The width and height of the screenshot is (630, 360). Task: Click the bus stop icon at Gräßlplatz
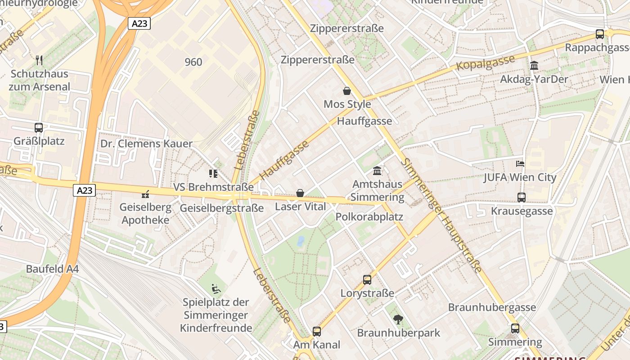click(39, 128)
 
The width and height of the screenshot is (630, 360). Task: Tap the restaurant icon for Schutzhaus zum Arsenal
click(39, 60)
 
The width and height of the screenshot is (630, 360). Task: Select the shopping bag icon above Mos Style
click(347, 91)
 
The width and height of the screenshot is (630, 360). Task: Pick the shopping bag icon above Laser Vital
click(300, 193)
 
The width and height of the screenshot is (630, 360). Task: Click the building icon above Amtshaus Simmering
click(377, 171)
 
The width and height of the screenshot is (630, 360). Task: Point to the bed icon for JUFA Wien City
click(520, 164)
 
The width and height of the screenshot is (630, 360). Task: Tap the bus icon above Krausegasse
click(522, 197)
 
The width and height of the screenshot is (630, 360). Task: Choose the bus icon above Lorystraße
click(367, 280)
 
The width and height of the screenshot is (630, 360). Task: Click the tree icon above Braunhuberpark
click(398, 319)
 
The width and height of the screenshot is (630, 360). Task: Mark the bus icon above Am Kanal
click(317, 332)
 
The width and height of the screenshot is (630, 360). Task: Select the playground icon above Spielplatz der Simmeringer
click(216, 288)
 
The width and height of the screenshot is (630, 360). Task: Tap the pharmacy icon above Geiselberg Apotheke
click(145, 194)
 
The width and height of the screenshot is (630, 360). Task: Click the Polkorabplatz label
click(369, 217)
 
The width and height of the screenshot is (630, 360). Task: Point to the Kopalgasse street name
click(486, 63)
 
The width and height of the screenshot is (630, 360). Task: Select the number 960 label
click(193, 62)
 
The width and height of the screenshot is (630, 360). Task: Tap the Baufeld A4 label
click(52, 269)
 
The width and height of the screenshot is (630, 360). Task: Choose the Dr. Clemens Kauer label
click(146, 144)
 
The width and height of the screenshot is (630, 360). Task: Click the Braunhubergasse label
click(492, 308)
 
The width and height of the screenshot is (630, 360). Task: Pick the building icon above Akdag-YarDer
click(534, 66)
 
